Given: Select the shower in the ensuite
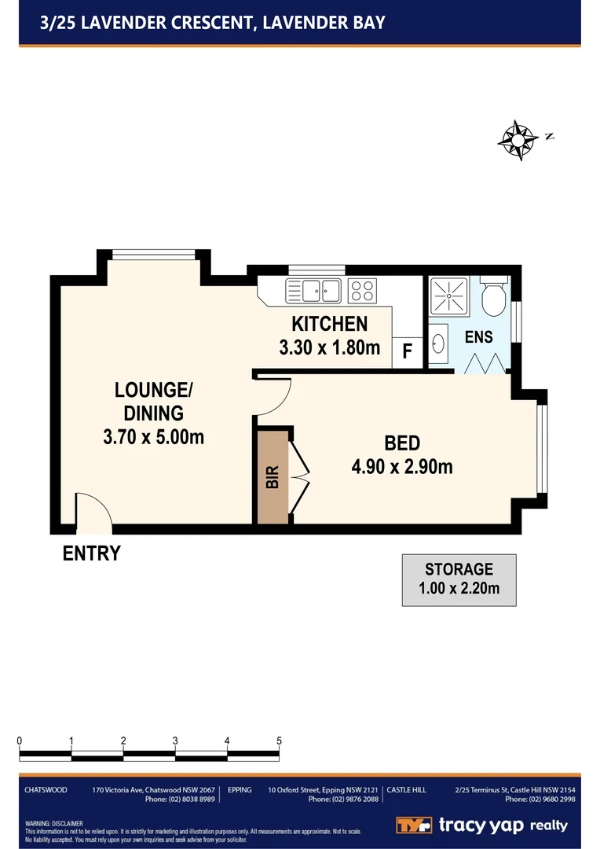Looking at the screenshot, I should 447,296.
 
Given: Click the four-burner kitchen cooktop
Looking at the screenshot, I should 361,290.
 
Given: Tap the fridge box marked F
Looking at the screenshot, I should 407,351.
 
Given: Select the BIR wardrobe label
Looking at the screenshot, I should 273,476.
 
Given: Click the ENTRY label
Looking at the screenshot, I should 92,553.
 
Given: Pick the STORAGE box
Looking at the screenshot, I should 459,579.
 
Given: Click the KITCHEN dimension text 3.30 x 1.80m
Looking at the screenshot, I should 329,347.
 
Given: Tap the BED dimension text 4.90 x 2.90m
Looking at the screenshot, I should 402,466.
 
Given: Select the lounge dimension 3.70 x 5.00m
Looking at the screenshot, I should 153,436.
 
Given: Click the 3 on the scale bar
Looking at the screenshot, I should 175,741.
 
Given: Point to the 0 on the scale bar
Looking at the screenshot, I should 19,741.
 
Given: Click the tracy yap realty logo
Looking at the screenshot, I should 481,825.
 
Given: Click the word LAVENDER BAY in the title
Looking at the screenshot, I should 324,22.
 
